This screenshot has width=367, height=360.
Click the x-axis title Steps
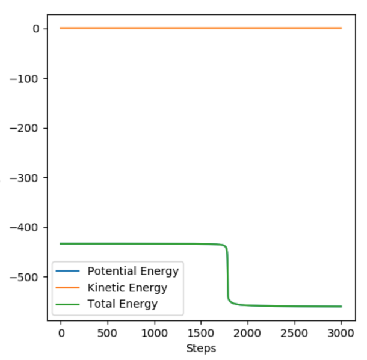(201, 348)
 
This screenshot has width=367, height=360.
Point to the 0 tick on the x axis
(61, 332)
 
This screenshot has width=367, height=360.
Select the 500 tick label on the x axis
(107, 332)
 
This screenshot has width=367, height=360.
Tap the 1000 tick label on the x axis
(154, 332)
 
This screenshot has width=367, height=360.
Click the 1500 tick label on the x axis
(201, 332)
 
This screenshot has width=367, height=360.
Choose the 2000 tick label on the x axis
(248, 332)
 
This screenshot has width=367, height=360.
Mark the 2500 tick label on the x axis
(295, 332)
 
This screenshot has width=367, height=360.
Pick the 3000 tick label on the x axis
(341, 332)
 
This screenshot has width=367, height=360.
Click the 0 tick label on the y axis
(35, 29)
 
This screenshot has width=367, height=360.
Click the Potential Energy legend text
(133, 271)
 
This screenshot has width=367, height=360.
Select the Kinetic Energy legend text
(128, 288)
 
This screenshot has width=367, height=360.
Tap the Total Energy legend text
(123, 304)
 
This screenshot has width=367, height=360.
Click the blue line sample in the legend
(69, 272)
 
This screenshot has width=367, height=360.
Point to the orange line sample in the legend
(69, 288)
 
